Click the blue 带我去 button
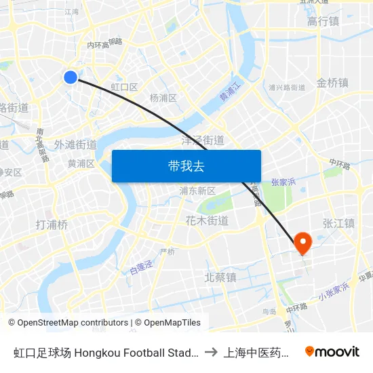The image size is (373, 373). coord(186,166)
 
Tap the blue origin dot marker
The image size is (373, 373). coord(71,77)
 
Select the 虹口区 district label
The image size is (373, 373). coord(124,87)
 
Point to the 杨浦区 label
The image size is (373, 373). coord(163,98)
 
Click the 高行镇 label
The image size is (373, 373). coord(323,22)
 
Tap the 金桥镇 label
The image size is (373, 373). coord(332,83)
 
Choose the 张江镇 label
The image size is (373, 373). coord(338,223)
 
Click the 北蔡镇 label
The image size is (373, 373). coord(220,277)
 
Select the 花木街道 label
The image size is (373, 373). coord(207,220)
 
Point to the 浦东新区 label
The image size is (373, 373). coord(197,191)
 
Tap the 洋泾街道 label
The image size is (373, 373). coord(203,140)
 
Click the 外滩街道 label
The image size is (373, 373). coord(75,144)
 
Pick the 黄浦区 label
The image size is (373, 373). coord(81,163)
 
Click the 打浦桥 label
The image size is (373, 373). coord(52,224)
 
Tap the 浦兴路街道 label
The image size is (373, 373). coord(287,87)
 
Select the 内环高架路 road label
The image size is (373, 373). coord(104,44)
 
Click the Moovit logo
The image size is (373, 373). coord(332,351)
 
